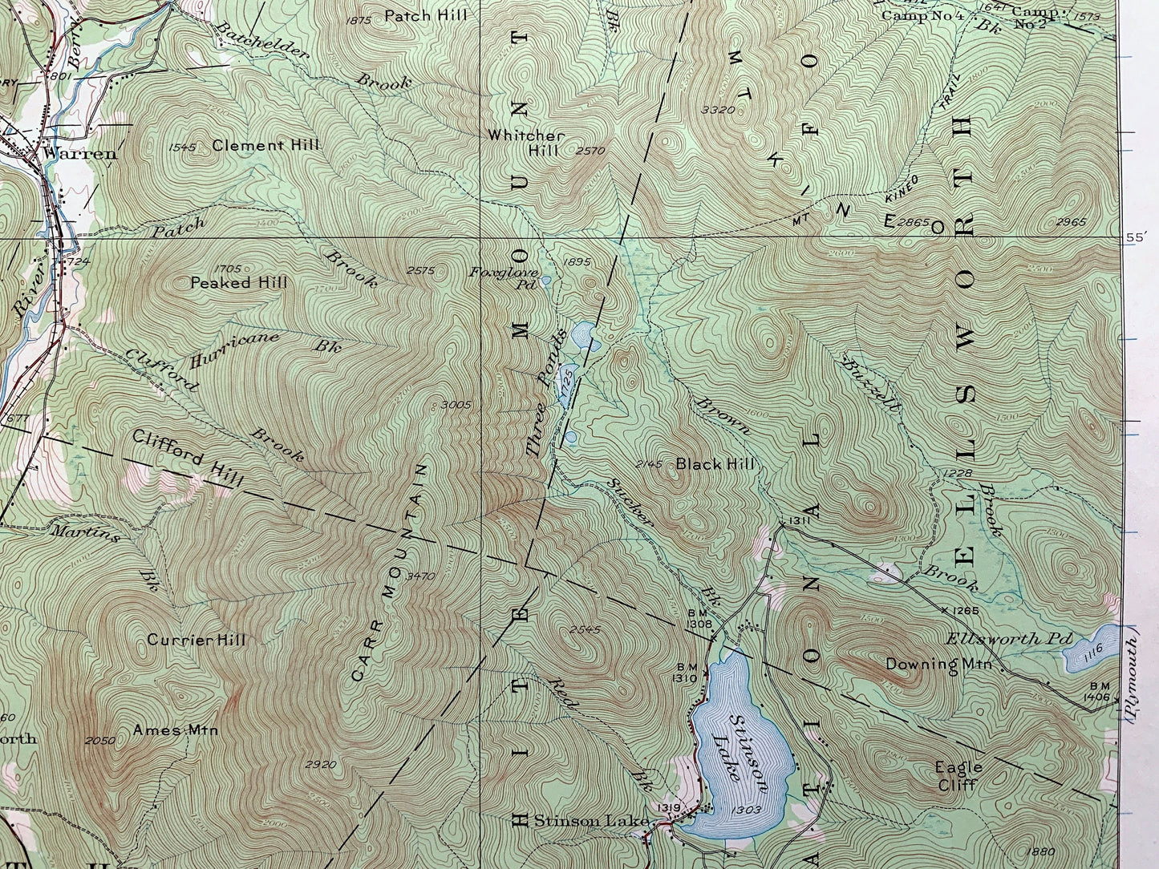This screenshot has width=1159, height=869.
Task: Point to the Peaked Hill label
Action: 238,283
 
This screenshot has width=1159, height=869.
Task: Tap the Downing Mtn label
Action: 939,665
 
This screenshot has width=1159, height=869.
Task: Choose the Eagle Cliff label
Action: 958,775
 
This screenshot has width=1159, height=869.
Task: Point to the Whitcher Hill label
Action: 537,143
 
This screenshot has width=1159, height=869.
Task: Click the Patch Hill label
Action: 426,15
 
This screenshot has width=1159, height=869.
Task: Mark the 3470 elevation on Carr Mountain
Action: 421,576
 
